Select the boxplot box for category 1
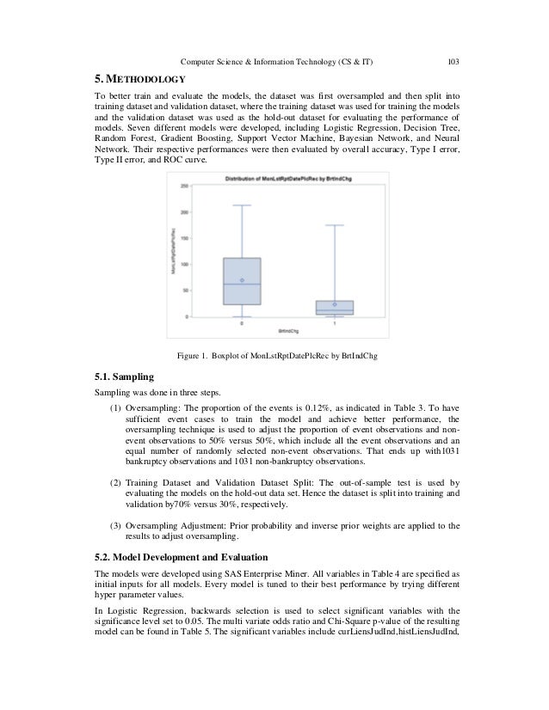[334, 307]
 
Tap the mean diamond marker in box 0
[241, 280]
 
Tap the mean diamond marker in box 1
[334, 304]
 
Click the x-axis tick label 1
[334, 324]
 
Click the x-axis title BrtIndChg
[287, 331]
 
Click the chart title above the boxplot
[288, 178]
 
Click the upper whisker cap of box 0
[241, 205]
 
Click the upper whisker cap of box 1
[334, 225]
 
